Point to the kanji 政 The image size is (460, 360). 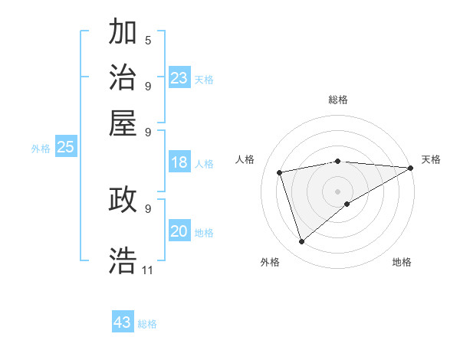[x=123, y=199]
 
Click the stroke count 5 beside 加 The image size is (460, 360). [x=148, y=41]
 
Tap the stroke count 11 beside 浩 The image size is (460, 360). [x=147, y=270]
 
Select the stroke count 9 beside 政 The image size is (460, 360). [x=148, y=208]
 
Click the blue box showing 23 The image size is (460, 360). [x=179, y=78]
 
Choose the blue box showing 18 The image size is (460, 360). [x=179, y=162]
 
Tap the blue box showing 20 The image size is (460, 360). [x=179, y=231]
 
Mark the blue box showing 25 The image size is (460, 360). [x=65, y=147]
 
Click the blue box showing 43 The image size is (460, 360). [x=123, y=322]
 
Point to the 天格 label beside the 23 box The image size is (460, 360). [x=204, y=80]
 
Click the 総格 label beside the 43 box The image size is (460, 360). [x=147, y=324]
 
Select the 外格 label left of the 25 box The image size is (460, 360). [x=40, y=149]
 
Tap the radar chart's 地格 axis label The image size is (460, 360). [x=402, y=263]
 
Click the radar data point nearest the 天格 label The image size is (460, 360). [x=410, y=168]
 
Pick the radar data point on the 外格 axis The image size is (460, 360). [x=301, y=242]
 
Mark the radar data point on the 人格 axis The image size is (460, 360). [x=280, y=172]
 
